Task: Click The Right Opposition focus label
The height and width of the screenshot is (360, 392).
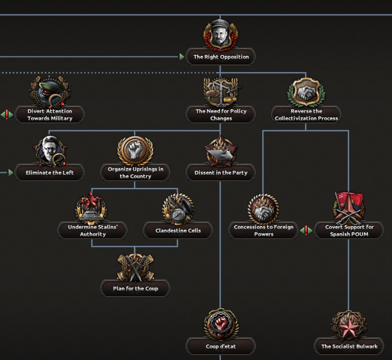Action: [x=221, y=57]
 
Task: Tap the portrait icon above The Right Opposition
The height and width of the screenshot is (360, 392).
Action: [x=220, y=35]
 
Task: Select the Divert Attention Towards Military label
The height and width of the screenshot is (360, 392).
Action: [x=50, y=115]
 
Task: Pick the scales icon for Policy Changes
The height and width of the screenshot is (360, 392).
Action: [x=221, y=92]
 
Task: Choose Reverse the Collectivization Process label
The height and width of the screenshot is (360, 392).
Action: [x=306, y=115]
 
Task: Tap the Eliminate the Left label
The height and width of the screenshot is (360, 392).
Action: [x=50, y=173]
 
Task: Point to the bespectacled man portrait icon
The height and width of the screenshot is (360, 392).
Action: [x=50, y=151]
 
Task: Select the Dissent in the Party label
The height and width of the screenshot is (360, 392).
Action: [x=221, y=173]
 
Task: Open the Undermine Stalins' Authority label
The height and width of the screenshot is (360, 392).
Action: [x=93, y=231]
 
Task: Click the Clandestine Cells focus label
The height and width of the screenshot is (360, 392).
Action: [x=178, y=231]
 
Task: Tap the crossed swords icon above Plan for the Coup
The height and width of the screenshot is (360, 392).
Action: [x=135, y=267]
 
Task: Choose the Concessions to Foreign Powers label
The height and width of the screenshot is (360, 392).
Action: [x=263, y=231]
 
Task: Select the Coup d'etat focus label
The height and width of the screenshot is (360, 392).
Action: [x=221, y=346]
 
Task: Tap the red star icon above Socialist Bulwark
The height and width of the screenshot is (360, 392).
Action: [x=349, y=325]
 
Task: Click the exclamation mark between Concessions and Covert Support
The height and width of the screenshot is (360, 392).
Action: [x=306, y=230]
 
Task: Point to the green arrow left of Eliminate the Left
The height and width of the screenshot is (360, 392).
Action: [x=10, y=173]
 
